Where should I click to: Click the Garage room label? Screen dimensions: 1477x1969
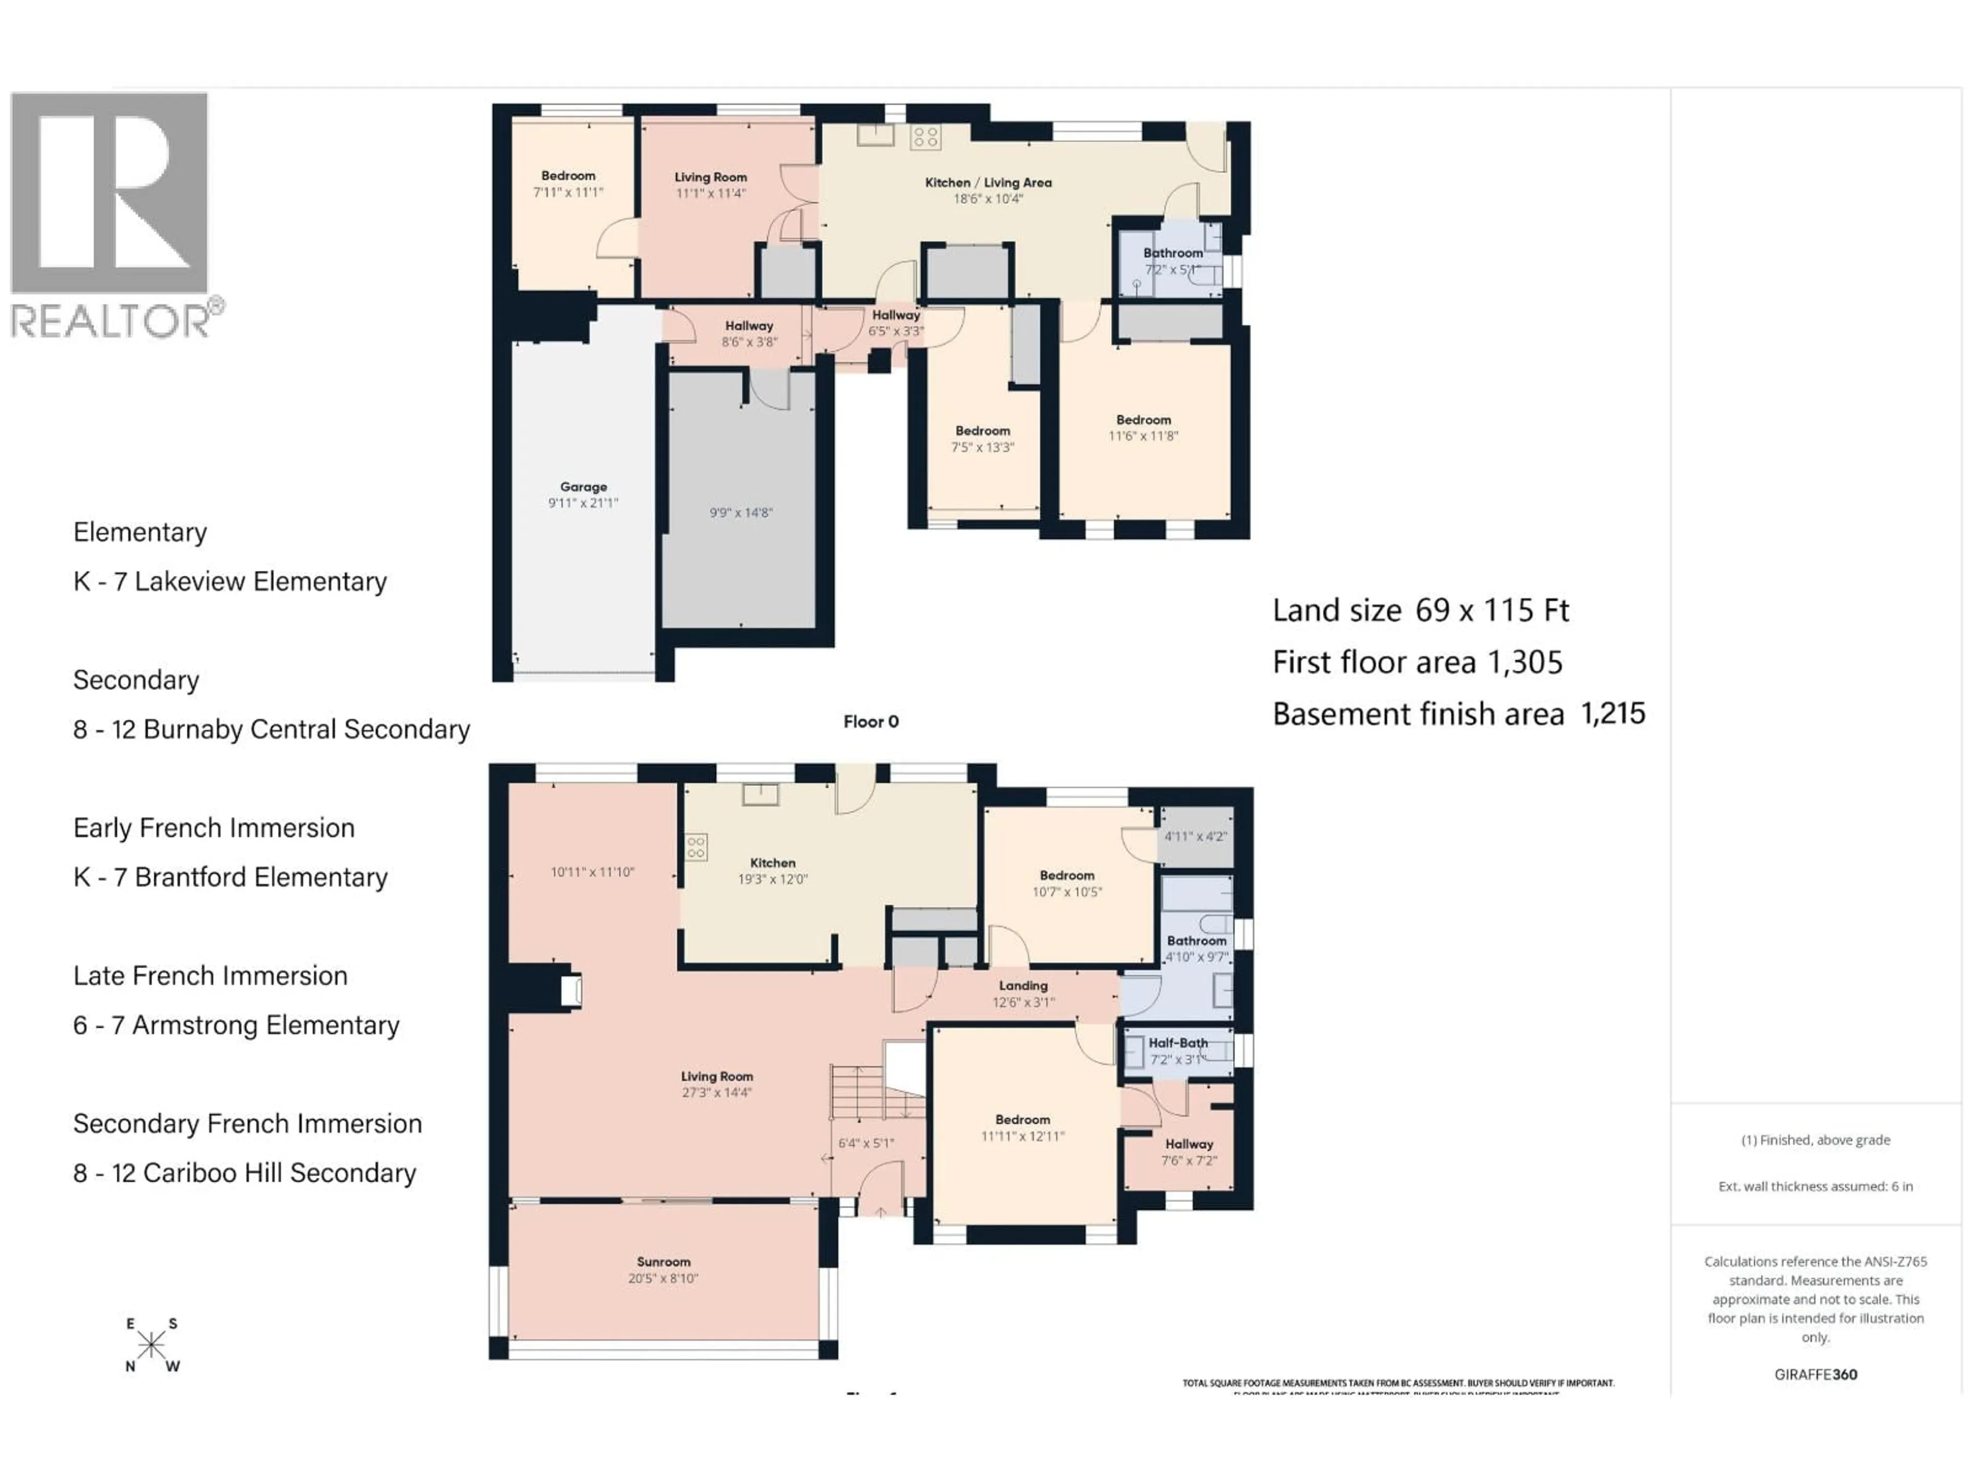click(583, 487)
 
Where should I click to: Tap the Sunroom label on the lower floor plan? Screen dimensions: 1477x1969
click(663, 1262)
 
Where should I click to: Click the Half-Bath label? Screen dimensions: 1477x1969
click(1178, 1043)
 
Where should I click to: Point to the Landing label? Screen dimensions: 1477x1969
click(1023, 986)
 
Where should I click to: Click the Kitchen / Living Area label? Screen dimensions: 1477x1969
click(988, 183)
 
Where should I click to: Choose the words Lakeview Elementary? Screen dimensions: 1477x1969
click(260, 582)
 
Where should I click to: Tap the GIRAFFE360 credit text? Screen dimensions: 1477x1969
click(1815, 1374)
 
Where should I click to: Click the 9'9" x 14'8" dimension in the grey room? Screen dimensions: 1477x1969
click(740, 513)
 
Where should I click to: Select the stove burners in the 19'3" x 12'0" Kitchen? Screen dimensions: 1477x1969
click(696, 847)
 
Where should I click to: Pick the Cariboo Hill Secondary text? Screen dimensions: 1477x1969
click(278, 1173)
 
